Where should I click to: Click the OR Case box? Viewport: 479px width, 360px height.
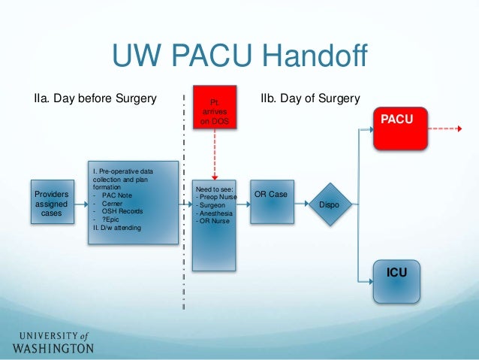[x=272, y=201]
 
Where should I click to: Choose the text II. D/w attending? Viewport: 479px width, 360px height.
[x=116, y=228]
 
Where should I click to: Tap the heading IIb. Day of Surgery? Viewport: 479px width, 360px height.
[x=310, y=99]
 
